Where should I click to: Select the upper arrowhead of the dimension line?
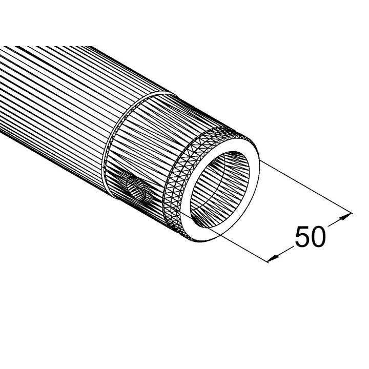tap(348, 215)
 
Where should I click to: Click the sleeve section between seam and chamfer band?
tap(149, 133)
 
